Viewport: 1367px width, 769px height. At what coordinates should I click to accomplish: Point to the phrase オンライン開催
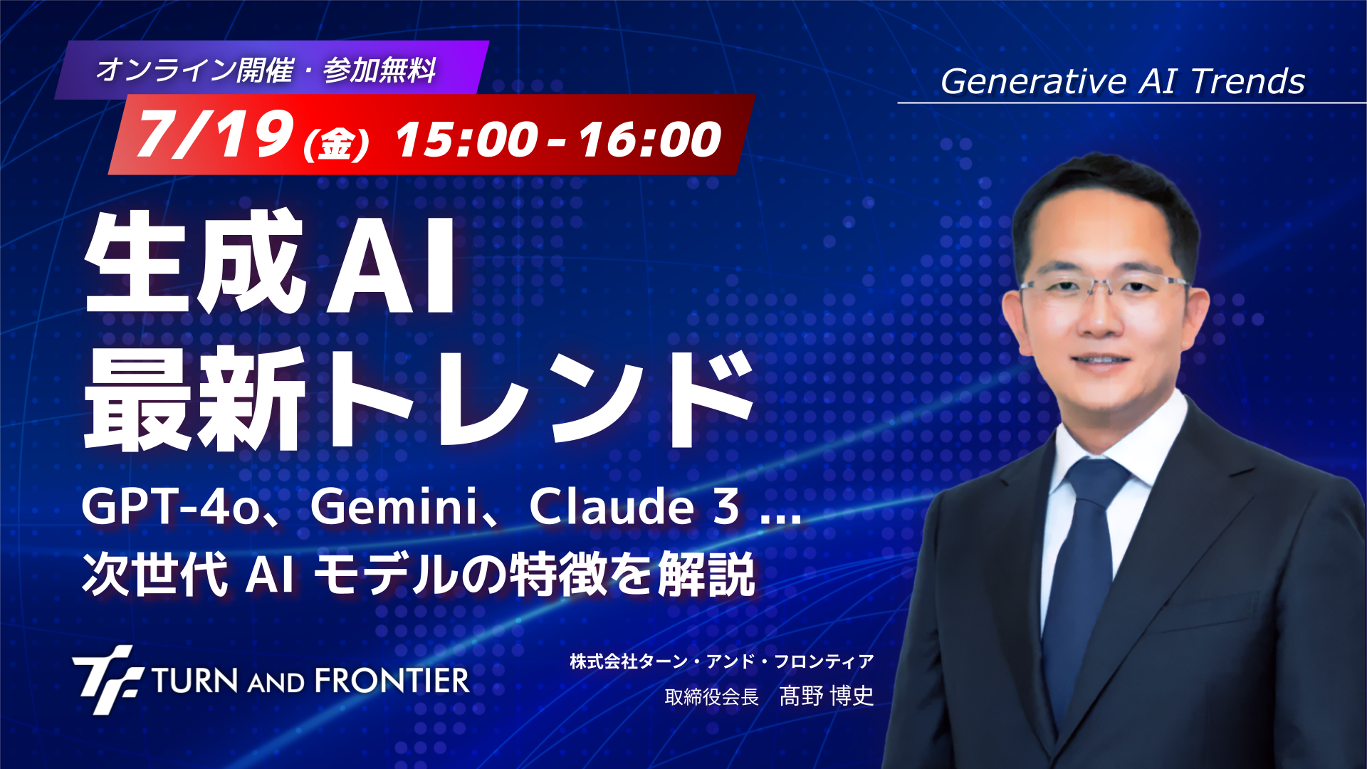pos(194,70)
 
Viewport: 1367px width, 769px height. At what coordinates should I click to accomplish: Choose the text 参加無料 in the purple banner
pos(379,70)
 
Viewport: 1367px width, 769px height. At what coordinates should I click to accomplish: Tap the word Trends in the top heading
pos(1248,81)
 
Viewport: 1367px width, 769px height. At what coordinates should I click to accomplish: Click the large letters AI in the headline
pos(391,263)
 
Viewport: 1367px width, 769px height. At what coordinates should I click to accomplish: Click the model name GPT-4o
pos(171,507)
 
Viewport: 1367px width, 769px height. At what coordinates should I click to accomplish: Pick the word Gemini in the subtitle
pos(394,507)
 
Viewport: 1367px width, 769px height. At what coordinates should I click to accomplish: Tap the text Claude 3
pos(634,507)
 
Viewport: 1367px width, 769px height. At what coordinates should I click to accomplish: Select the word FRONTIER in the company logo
pos(392,681)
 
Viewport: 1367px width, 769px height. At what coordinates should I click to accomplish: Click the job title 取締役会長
pos(711,696)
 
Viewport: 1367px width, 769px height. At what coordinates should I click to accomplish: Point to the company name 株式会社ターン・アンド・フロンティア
pos(721,661)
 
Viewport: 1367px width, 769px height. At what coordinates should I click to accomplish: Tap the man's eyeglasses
pos(1104,288)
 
